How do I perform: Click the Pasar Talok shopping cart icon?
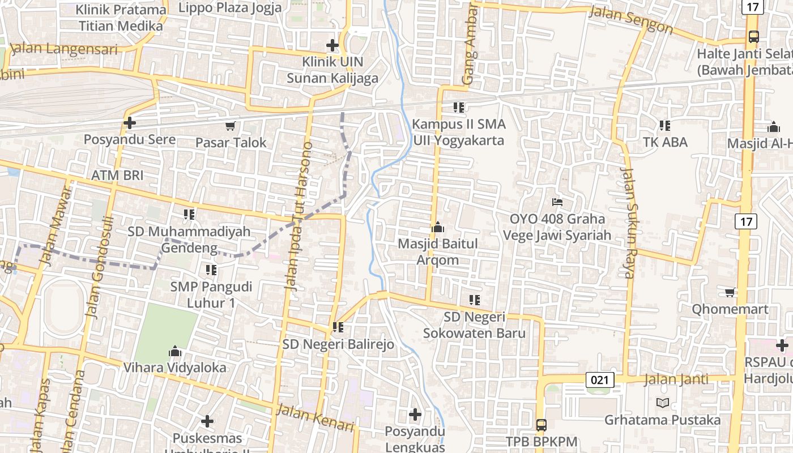[x=230, y=126]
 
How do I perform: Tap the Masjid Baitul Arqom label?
[x=438, y=252]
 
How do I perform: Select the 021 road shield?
[x=599, y=380]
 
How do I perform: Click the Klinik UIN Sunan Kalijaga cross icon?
[x=332, y=45]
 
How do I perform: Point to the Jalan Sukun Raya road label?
[x=628, y=223]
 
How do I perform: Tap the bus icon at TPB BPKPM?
[x=542, y=425]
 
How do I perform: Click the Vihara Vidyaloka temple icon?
[x=175, y=351]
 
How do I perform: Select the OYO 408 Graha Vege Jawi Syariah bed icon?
[x=557, y=202]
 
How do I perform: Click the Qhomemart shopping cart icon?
[x=730, y=292]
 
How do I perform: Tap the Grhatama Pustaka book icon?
[x=662, y=403]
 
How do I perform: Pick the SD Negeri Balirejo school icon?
[x=338, y=327]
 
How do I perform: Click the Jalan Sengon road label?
[x=630, y=20]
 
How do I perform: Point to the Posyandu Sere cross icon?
[x=130, y=122]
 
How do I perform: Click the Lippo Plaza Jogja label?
[x=230, y=8]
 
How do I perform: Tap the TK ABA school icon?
[x=665, y=125]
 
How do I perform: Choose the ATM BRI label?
[x=117, y=175]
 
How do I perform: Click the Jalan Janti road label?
[x=676, y=379]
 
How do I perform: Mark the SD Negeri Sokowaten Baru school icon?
[x=475, y=300]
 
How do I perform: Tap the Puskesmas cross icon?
[x=207, y=421]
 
